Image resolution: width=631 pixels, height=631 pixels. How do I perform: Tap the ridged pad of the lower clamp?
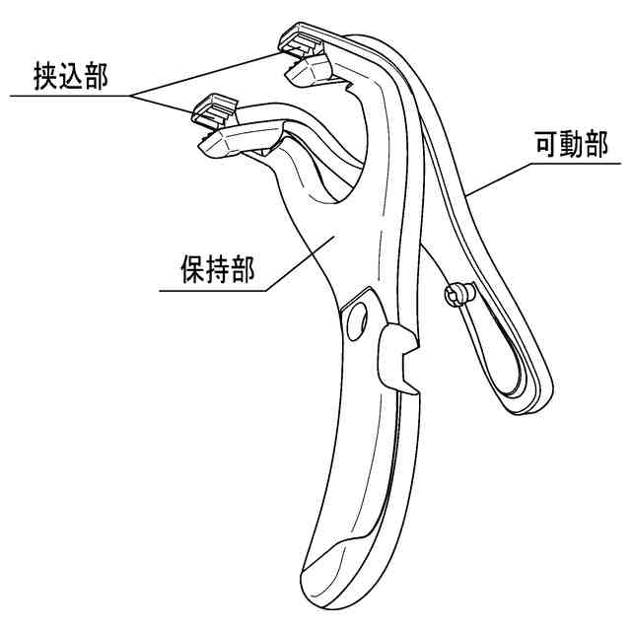[x=216, y=107]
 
